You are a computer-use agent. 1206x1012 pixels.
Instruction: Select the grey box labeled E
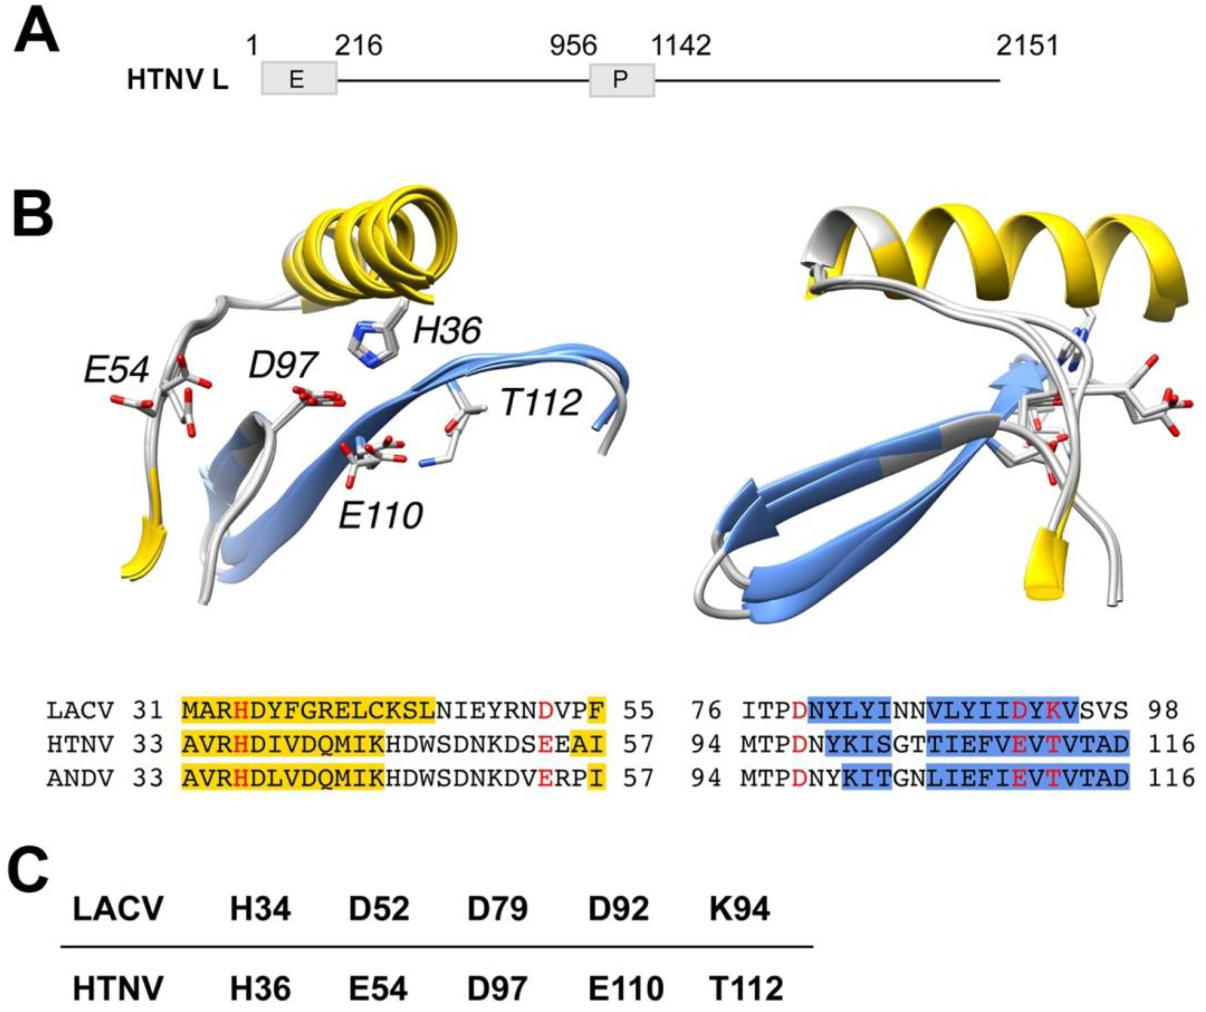pos(299,79)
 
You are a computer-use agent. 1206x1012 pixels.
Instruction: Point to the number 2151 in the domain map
pos(1027,45)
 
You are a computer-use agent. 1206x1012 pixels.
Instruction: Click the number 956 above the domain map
pos(574,45)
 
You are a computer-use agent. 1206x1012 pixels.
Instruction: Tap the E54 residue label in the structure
pos(117,370)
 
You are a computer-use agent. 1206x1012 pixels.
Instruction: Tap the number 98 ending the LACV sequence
pos(1163,711)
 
